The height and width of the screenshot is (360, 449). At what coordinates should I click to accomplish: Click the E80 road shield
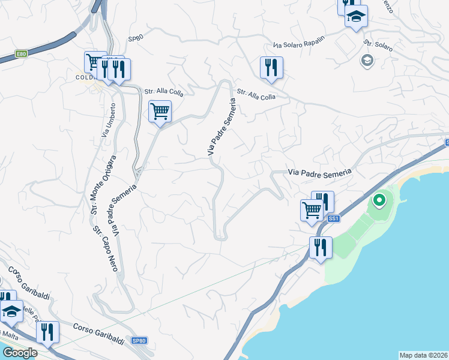tap(21, 54)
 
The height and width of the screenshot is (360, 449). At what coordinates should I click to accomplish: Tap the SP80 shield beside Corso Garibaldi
tap(139, 341)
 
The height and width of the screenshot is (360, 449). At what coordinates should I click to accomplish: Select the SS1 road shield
tap(334, 218)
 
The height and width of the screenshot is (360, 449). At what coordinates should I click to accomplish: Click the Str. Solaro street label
tap(378, 45)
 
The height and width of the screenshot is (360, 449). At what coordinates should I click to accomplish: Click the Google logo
tap(19, 353)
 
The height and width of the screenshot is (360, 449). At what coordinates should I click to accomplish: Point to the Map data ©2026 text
tap(423, 355)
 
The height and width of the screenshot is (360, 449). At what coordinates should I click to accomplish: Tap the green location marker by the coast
tap(379, 200)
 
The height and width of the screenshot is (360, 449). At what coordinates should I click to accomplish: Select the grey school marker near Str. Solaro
tap(367, 60)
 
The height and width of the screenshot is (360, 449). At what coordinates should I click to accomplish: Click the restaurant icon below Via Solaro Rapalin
tap(271, 67)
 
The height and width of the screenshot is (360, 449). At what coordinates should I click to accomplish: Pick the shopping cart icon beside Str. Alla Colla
tap(160, 112)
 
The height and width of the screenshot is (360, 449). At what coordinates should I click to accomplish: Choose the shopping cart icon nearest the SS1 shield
tap(312, 211)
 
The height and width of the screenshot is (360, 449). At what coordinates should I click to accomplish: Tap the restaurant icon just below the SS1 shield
tap(321, 247)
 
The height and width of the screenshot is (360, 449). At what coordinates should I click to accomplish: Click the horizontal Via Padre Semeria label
tap(319, 172)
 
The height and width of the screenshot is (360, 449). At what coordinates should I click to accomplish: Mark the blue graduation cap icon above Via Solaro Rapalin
tap(356, 17)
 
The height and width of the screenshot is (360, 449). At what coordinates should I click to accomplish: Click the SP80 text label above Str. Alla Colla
tap(136, 38)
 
